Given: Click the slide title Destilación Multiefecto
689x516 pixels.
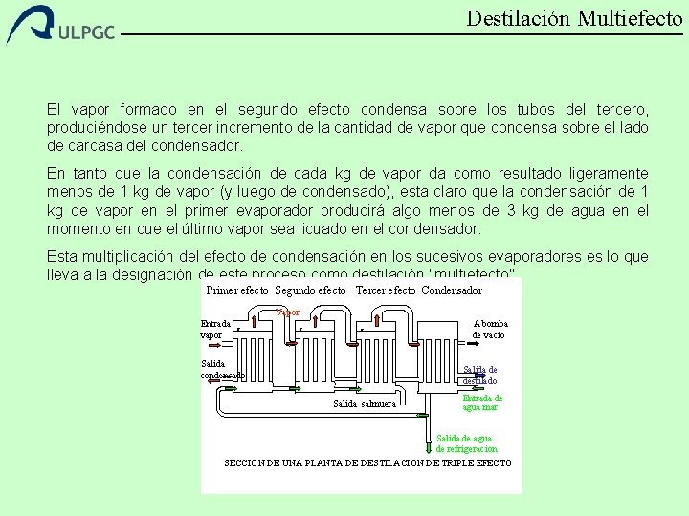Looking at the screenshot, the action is (574, 18).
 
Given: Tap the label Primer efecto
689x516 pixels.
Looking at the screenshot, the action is (237, 290).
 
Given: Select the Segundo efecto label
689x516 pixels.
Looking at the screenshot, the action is (310, 290).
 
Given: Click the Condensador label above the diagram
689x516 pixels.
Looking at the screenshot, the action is (452, 290).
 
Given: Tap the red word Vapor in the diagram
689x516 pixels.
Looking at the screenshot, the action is (288, 312).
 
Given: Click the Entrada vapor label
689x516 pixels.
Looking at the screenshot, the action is (215, 329).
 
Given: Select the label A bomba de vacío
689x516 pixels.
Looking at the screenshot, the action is (490, 329).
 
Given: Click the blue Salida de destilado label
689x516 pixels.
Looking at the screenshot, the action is (480, 375).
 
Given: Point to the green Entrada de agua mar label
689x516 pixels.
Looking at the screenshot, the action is (482, 402).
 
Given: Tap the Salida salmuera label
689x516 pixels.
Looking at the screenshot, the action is (365, 404).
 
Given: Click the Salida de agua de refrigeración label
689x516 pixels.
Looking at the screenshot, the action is (467, 443).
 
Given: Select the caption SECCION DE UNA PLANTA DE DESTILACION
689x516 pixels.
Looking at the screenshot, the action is (367, 463).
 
